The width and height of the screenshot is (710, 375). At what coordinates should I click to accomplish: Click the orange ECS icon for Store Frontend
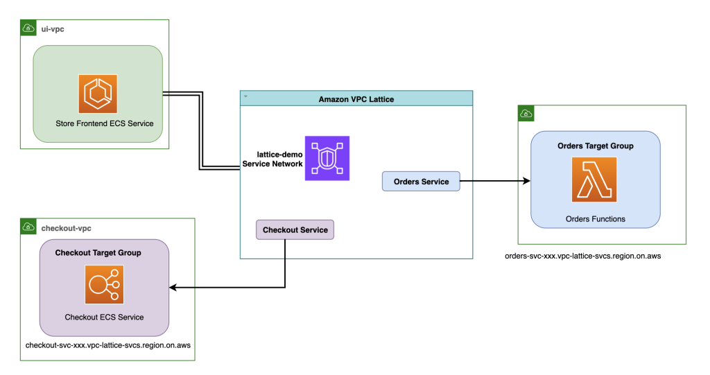pyautogui.click(x=98, y=94)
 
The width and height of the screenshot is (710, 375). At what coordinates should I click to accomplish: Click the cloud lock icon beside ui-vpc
pyautogui.click(x=28, y=28)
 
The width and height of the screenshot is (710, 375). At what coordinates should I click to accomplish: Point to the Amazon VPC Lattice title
pyautogui.click(x=356, y=99)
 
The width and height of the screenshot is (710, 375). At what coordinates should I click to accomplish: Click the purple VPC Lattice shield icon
pyautogui.click(x=327, y=158)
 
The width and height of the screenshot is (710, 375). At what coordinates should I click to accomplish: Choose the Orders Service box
pyautogui.click(x=421, y=182)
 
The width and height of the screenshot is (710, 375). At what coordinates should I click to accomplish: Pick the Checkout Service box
pyautogui.click(x=295, y=229)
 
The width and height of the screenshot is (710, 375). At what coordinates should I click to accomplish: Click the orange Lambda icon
pyautogui.click(x=595, y=180)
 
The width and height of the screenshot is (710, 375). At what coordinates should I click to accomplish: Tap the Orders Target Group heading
pyautogui.click(x=595, y=146)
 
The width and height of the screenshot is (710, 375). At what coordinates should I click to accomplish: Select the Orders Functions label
pyautogui.click(x=595, y=219)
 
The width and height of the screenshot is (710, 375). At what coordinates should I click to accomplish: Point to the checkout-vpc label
pyautogui.click(x=67, y=227)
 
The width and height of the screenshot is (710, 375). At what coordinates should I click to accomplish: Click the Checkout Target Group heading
pyautogui.click(x=98, y=253)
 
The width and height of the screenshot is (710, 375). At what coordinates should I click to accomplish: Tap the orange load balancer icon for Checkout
pyautogui.click(x=104, y=285)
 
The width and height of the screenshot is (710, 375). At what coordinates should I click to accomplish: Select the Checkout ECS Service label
pyautogui.click(x=104, y=317)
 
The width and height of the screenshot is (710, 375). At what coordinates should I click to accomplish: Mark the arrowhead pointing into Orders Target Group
pyautogui.click(x=526, y=182)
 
